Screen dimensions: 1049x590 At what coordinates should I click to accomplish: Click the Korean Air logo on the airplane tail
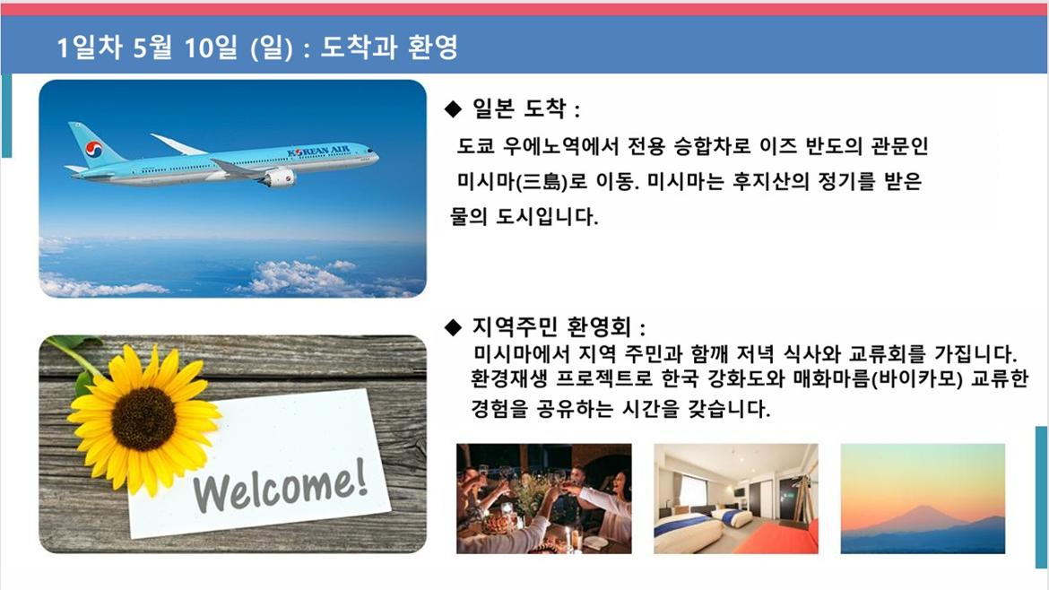pos(93,149)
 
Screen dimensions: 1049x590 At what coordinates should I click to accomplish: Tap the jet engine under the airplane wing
pos(278,178)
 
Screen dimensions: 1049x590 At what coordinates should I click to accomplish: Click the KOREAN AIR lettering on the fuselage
pos(318,152)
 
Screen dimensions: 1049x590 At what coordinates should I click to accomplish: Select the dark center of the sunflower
pos(143,419)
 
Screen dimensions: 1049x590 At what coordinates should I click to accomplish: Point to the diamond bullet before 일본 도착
pos(453,108)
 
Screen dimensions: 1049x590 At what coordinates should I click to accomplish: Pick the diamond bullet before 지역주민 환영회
pos(453,327)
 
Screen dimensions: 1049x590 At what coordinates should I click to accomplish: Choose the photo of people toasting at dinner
pos(544,499)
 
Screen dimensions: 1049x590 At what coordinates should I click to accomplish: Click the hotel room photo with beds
pos(736,499)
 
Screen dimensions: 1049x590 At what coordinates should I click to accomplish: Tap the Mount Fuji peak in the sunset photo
pos(924,508)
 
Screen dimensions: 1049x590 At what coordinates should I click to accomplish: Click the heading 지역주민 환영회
pos(551,327)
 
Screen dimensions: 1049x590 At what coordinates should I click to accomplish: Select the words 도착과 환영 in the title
pos(389,48)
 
